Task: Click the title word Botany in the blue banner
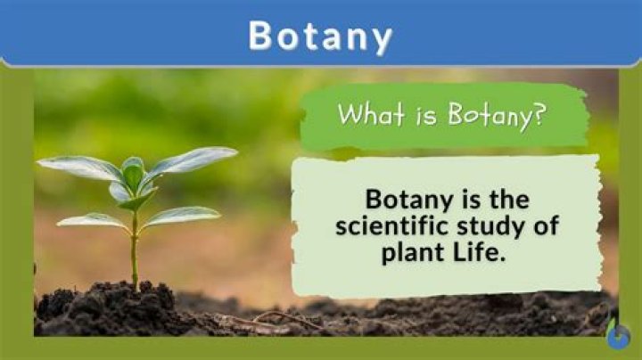[x=320, y=37]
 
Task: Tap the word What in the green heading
[x=371, y=113]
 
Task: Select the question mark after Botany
[x=539, y=113]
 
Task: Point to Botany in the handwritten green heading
[x=490, y=115]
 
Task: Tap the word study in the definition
[x=491, y=227]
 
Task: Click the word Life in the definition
[x=479, y=252]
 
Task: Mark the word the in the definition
[x=509, y=200]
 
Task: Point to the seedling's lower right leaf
[x=182, y=216]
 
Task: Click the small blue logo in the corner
[x=618, y=335]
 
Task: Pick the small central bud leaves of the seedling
[x=134, y=176]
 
